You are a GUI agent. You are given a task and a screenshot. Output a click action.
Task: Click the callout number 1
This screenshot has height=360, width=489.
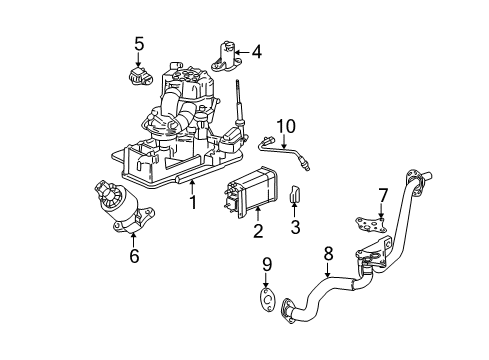[193, 203]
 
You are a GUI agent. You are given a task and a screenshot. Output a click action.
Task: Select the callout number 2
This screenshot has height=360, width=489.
[257, 232]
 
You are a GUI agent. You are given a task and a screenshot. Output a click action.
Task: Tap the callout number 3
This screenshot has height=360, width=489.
[296, 230]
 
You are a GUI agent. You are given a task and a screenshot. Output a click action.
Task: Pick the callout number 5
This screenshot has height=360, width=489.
[140, 43]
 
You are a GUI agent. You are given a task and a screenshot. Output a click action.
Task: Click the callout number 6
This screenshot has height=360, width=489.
[134, 255]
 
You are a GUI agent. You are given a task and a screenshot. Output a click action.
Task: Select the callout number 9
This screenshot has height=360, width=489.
[266, 265]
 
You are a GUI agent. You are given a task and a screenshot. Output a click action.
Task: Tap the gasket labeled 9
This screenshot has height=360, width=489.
[265, 302]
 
